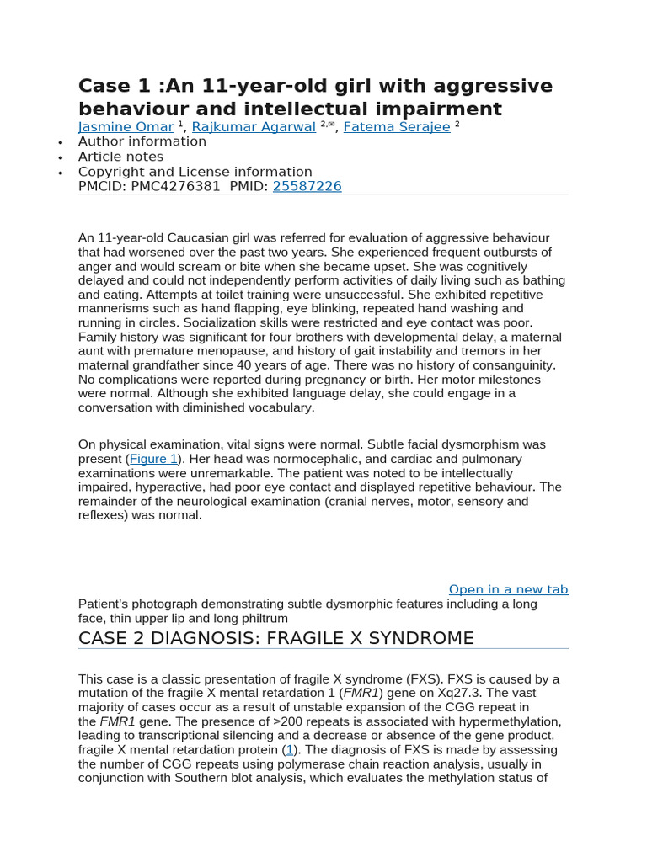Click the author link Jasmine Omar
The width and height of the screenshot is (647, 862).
(x=126, y=127)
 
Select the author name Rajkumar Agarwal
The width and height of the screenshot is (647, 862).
(x=254, y=127)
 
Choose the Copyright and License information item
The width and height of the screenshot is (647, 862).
(x=195, y=172)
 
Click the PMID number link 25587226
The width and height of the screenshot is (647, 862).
(x=307, y=186)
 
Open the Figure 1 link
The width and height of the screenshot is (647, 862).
(x=152, y=459)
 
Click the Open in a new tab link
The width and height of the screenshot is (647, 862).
(x=508, y=589)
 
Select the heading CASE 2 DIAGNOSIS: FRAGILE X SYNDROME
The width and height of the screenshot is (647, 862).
(x=275, y=638)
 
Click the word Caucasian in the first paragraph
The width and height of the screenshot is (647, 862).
(x=190, y=238)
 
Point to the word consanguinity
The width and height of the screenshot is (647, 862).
(x=514, y=365)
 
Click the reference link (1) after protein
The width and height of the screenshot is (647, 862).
(x=290, y=750)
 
